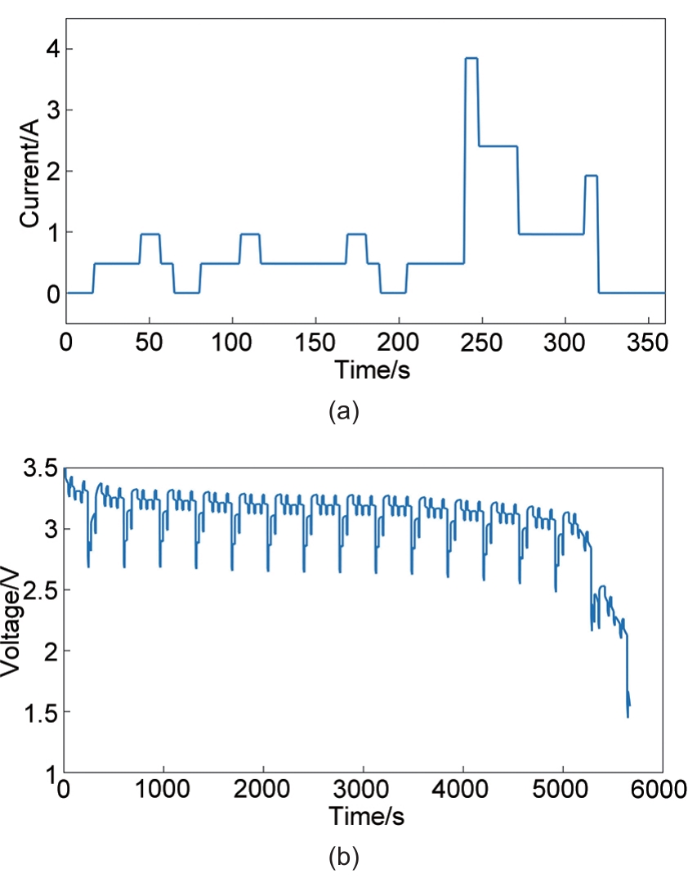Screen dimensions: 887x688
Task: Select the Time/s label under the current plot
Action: pos(372,370)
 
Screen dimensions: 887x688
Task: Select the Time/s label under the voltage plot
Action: pos(367,815)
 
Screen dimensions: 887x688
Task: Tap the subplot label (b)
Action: pos(343,858)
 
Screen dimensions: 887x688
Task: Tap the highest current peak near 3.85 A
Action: pos(471,59)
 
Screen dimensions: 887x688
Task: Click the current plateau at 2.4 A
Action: pos(498,146)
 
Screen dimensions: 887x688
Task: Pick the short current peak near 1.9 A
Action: pos(592,176)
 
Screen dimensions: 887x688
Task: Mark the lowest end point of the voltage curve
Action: pos(628,717)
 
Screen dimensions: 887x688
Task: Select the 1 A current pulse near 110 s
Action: pos(250,235)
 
